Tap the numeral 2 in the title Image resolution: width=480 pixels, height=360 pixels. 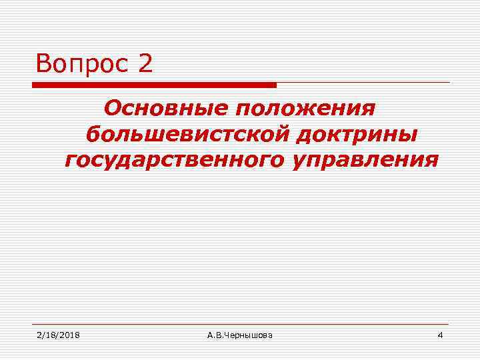[146, 64]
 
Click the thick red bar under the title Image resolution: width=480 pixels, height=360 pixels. [154, 85]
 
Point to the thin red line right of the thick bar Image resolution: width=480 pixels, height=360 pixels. [363, 83]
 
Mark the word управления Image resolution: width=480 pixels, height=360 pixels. [364, 160]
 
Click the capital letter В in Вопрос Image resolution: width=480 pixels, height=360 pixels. [44, 64]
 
